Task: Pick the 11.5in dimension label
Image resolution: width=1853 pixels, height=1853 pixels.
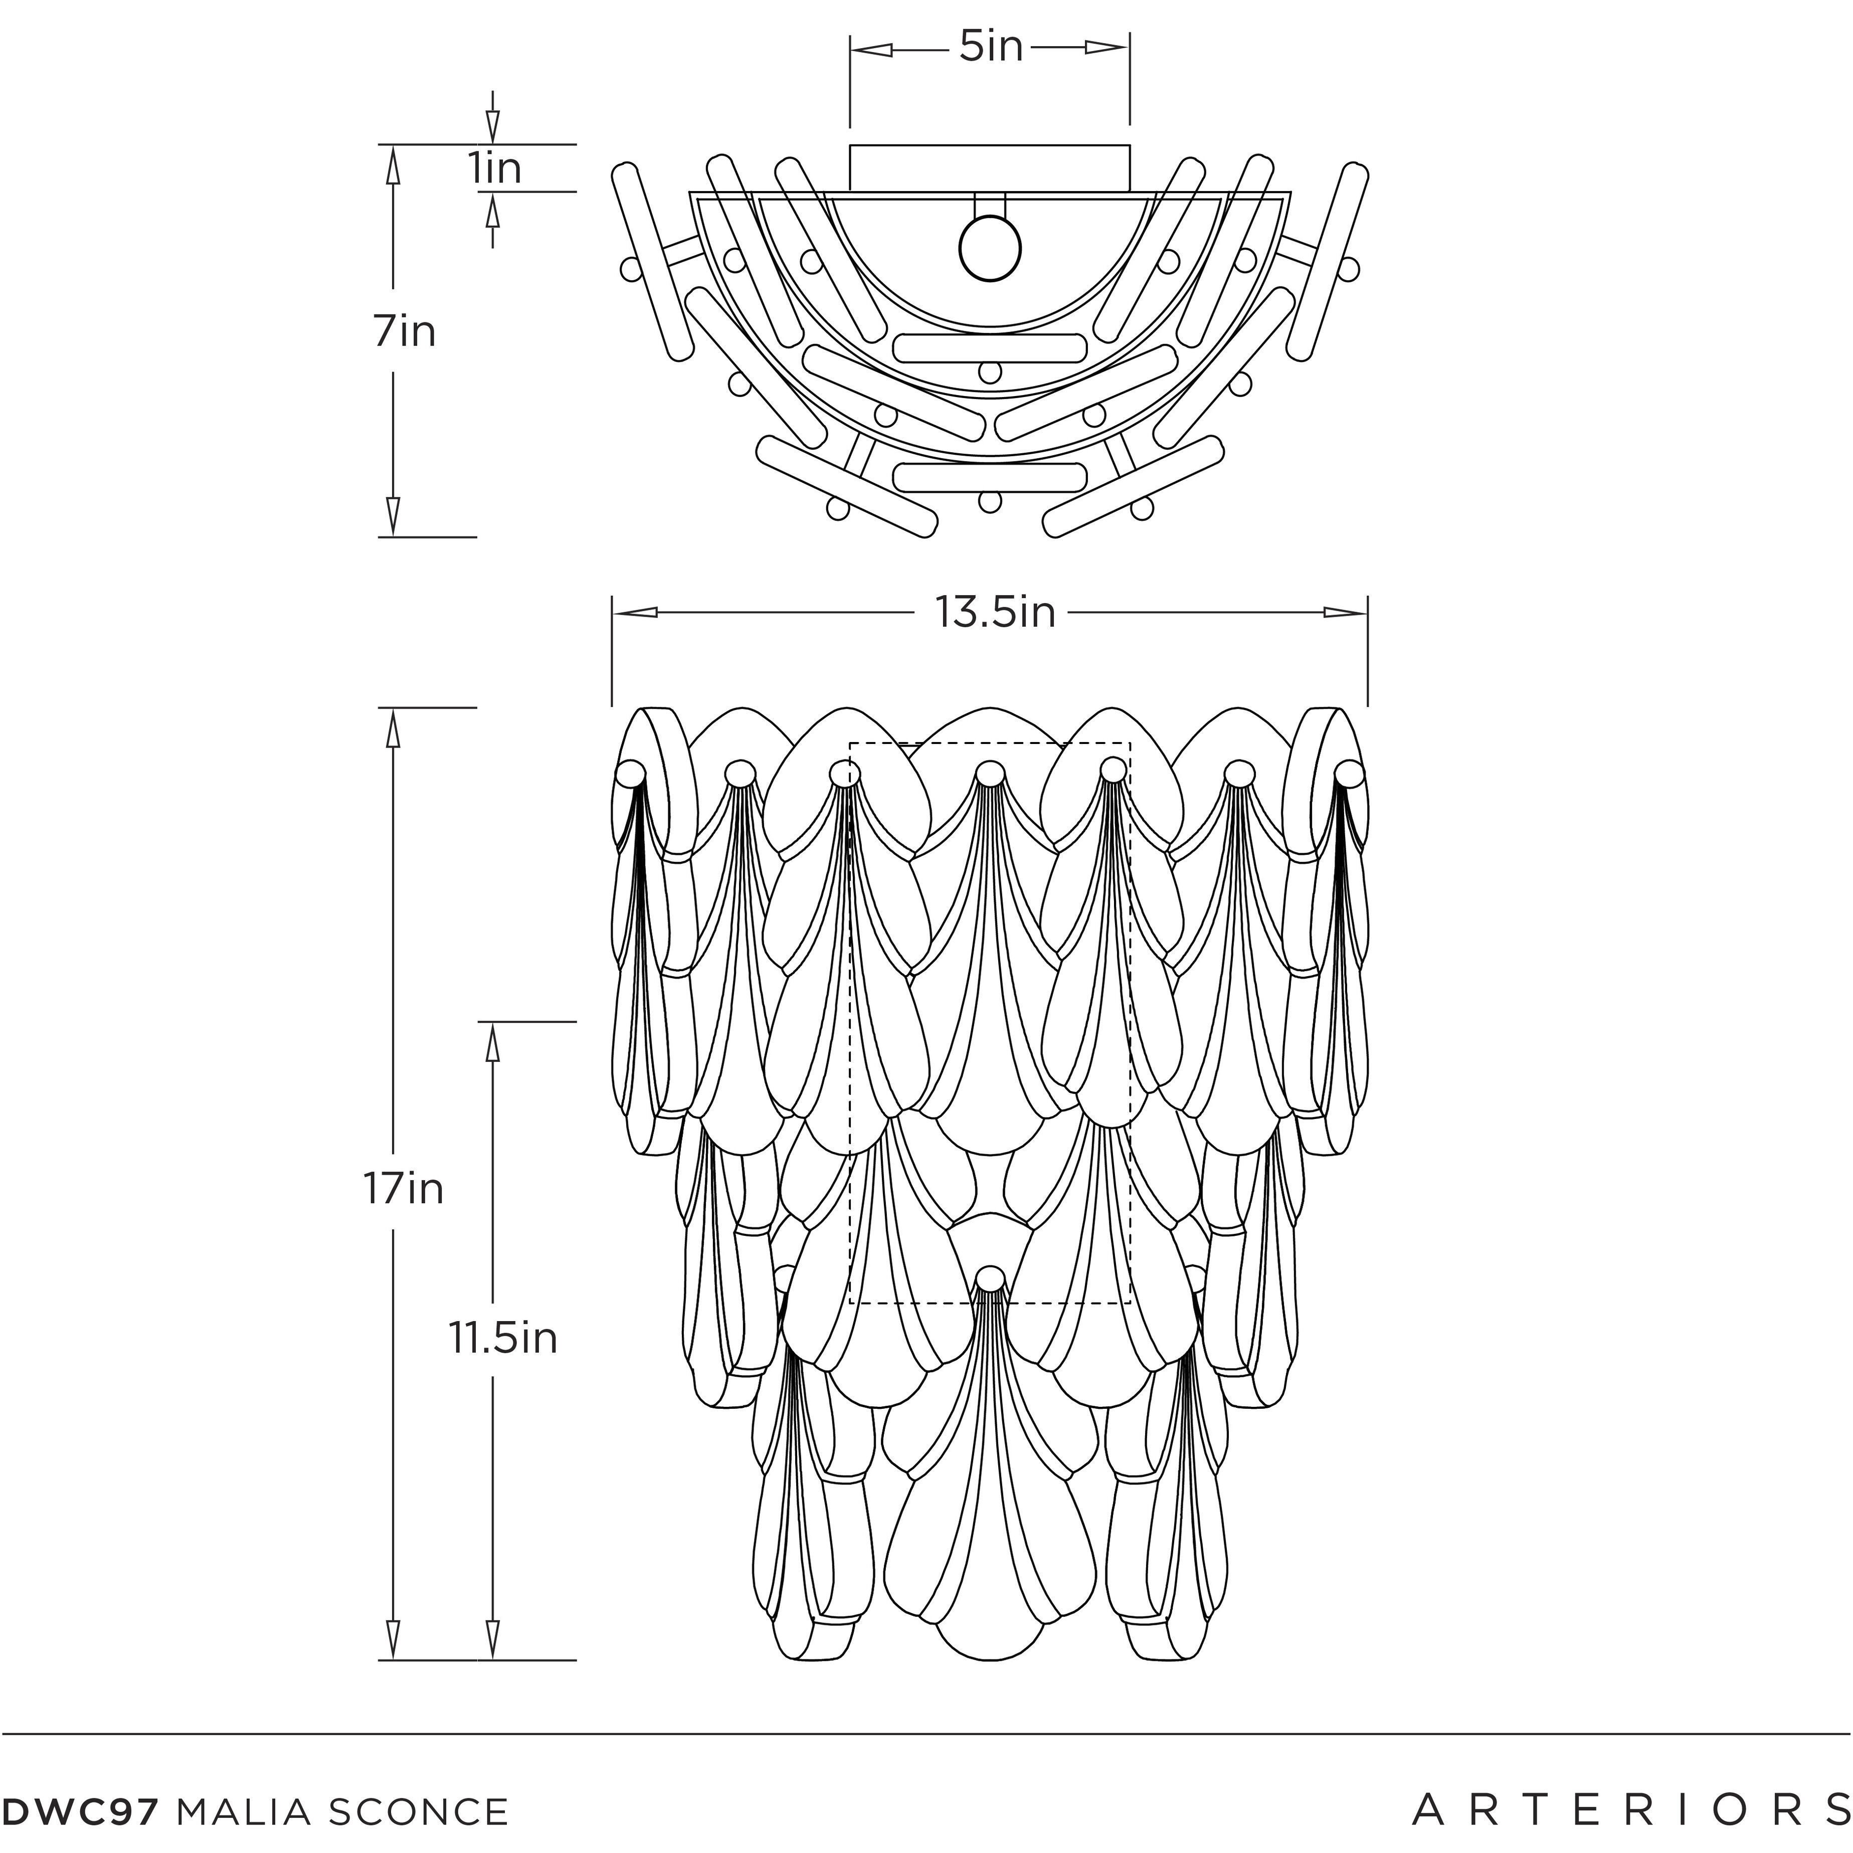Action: (502, 1338)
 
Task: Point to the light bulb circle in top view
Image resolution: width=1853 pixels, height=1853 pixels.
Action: (990, 248)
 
